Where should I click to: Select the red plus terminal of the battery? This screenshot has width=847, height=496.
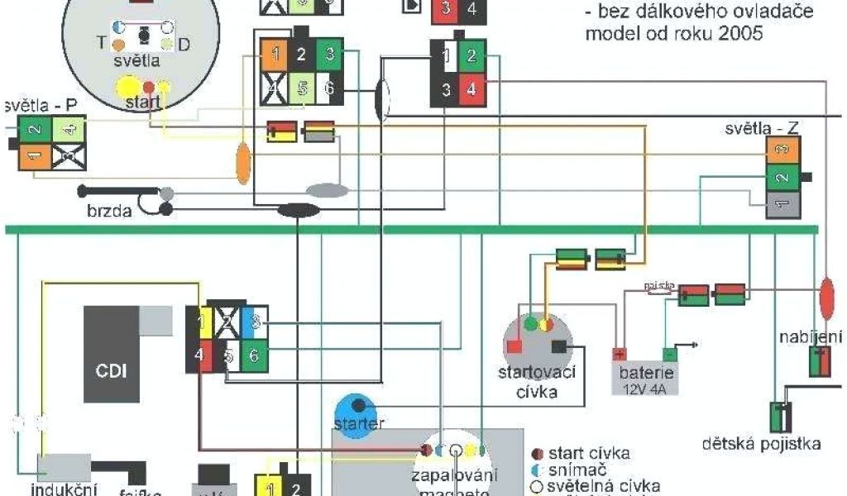619,354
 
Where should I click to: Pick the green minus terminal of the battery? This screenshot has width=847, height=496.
670,354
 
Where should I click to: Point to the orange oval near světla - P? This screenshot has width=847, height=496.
243,163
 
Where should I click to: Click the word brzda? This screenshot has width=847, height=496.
109,211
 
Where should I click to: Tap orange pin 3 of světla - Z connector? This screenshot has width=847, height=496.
782,150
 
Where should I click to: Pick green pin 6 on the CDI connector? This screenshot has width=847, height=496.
254,355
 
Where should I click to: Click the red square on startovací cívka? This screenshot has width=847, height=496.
513,346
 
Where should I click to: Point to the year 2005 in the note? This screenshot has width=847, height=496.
743,35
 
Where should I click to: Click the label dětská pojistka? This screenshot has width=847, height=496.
761,445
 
